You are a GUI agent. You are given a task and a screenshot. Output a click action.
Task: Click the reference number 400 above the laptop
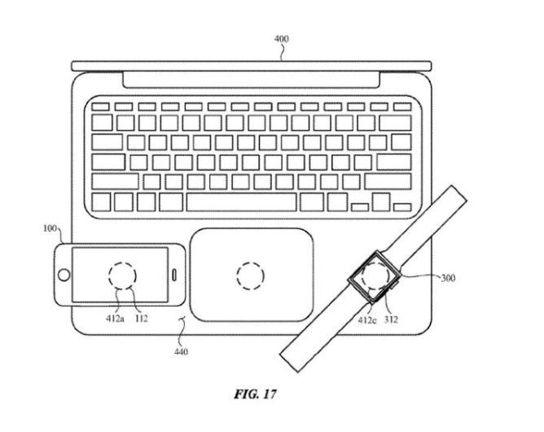[x=281, y=38]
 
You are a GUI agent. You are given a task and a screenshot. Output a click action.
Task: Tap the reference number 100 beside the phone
[x=49, y=230]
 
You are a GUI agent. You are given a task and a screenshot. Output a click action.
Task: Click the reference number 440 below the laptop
[x=180, y=352]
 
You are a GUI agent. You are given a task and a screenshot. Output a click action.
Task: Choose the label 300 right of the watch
[x=447, y=278]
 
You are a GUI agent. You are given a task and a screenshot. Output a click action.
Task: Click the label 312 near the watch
[x=392, y=320]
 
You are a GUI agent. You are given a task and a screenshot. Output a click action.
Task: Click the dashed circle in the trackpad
[x=250, y=276]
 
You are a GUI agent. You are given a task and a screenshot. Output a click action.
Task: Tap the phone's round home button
[x=62, y=275]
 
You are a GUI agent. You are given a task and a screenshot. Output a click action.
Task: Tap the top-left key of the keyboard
[x=100, y=107]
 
